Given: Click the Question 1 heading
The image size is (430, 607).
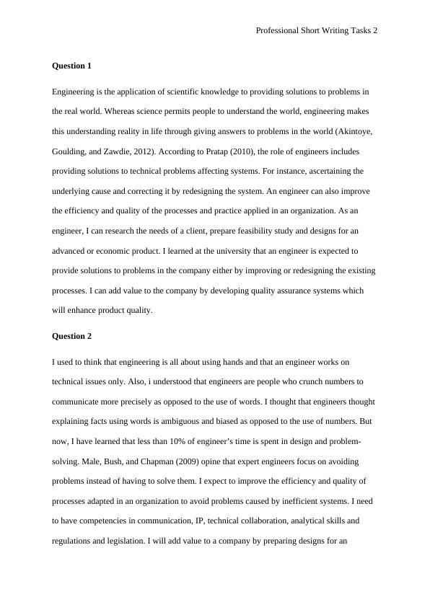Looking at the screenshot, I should click(71, 66).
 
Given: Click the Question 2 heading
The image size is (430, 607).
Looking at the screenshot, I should click(71, 336).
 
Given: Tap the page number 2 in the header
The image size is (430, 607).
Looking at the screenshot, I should click(375, 30).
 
